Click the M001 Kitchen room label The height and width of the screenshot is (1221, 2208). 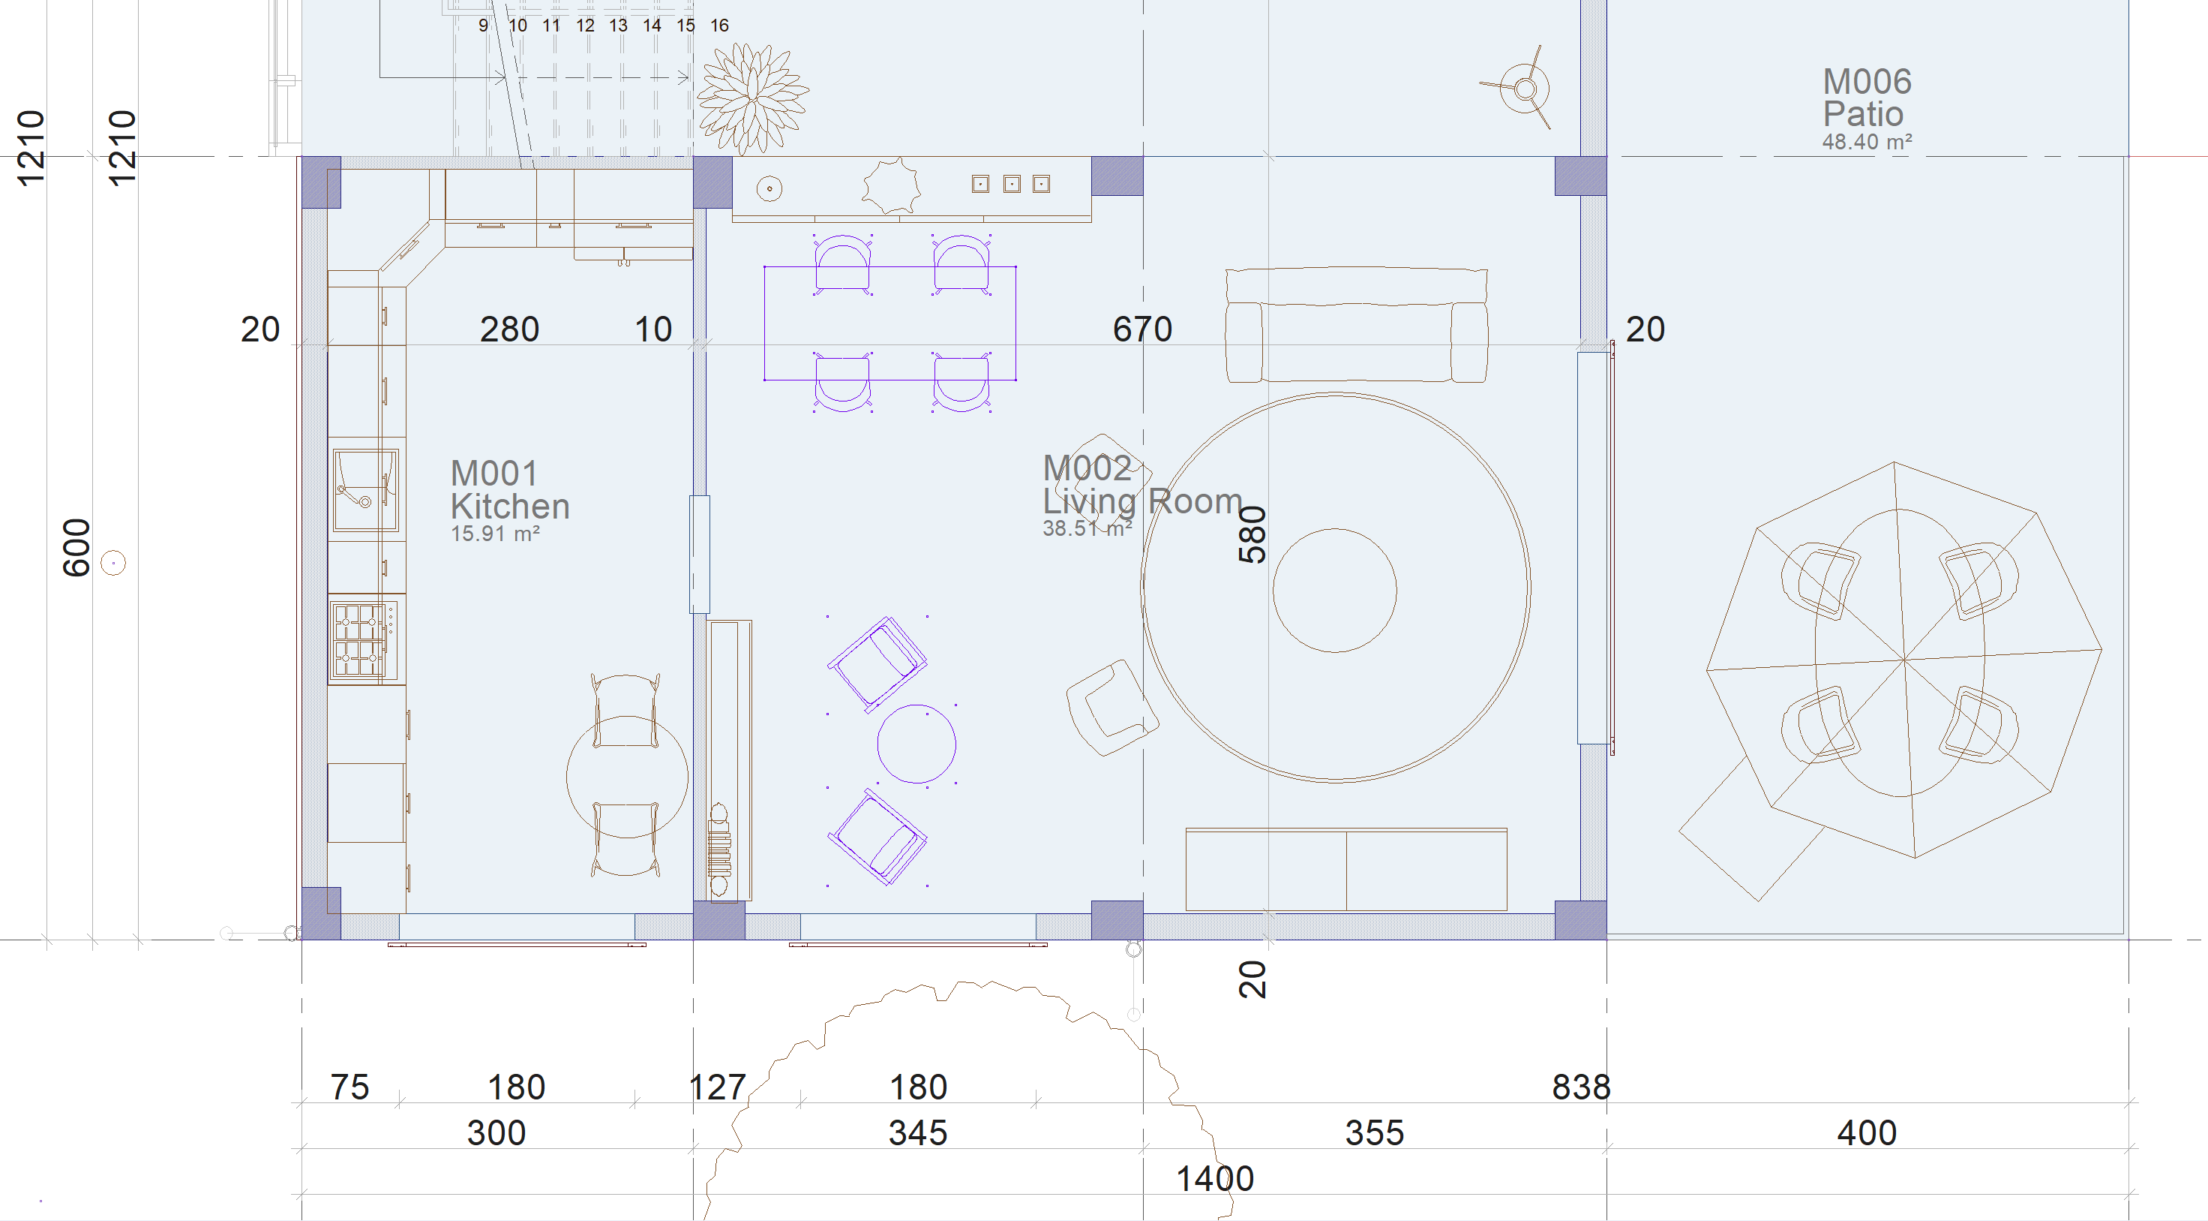point(509,499)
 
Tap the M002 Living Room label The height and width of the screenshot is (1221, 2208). point(1141,495)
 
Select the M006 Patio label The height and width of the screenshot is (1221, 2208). point(1866,109)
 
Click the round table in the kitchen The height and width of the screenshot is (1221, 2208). point(626,777)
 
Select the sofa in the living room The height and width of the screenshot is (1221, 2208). point(1356,324)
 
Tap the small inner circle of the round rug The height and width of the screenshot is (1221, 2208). point(1334,590)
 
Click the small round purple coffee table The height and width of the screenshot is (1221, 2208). point(916,744)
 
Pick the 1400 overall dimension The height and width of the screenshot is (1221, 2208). point(1214,1179)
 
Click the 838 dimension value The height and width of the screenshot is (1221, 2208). point(1582,1087)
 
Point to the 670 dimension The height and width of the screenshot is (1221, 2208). point(1142,329)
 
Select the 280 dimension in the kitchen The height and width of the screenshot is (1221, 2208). point(509,329)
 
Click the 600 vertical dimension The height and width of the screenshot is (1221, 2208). point(76,547)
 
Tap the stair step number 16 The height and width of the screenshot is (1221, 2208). point(719,26)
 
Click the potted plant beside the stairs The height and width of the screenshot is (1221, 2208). point(751,98)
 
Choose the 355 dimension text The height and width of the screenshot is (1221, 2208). point(1375,1132)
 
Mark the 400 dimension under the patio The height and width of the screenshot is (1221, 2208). point(1867,1132)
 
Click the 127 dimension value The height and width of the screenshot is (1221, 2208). point(718,1087)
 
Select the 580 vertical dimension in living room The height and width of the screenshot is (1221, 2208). point(1252,534)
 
